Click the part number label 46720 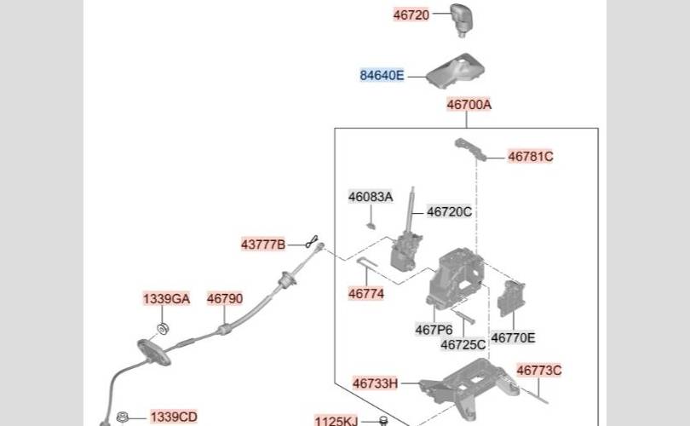411,14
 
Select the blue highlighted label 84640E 382,76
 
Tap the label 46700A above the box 469,106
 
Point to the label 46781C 531,157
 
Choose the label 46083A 371,197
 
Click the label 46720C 449,211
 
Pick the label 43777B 263,245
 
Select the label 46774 366,294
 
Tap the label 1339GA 166,299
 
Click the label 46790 225,299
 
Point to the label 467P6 434,330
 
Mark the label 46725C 463,344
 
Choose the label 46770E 514,338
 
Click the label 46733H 375,383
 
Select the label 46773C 539,370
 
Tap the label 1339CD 174,417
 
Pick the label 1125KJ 336,420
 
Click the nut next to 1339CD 122,417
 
